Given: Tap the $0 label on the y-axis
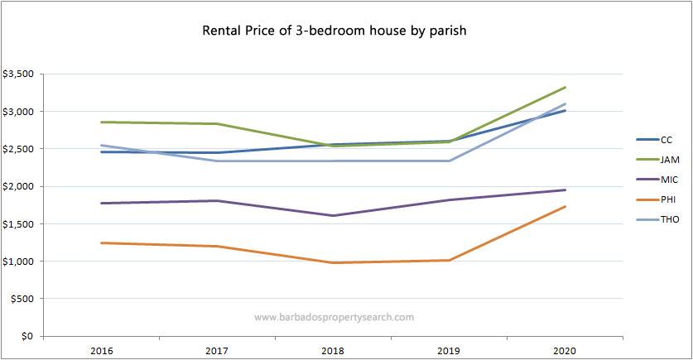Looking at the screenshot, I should tap(27, 337).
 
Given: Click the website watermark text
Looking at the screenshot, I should tap(334, 317).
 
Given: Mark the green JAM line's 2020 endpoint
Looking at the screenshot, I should tap(565, 87).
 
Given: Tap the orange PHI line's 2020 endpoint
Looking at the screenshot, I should tap(565, 206).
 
